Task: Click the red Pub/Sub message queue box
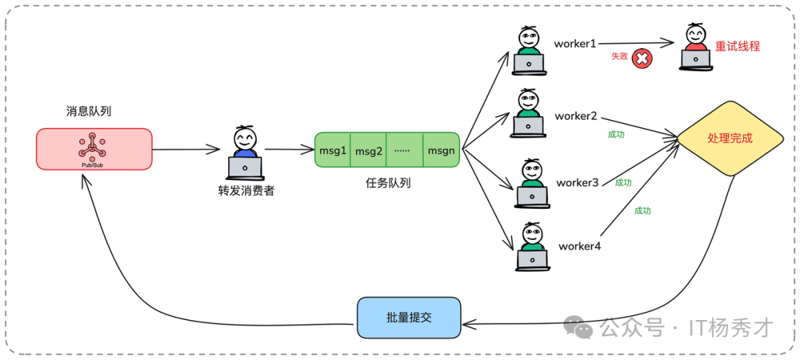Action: [x=94, y=149]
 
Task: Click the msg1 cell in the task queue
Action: [x=333, y=150]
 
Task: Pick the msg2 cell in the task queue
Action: [x=368, y=151]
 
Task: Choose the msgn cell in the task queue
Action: [x=441, y=150]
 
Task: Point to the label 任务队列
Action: [x=387, y=182]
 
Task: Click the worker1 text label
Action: [x=575, y=44]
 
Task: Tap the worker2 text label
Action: [x=576, y=116]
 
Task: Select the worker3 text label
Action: [x=577, y=182]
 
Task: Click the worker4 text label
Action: [x=579, y=246]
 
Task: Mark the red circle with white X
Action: [x=642, y=59]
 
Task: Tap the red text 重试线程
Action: [x=737, y=46]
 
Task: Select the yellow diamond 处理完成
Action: [x=730, y=139]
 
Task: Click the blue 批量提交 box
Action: [x=408, y=317]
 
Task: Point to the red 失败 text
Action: [x=619, y=56]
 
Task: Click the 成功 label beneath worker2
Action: [x=616, y=135]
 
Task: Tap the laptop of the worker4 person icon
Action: [x=532, y=259]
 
